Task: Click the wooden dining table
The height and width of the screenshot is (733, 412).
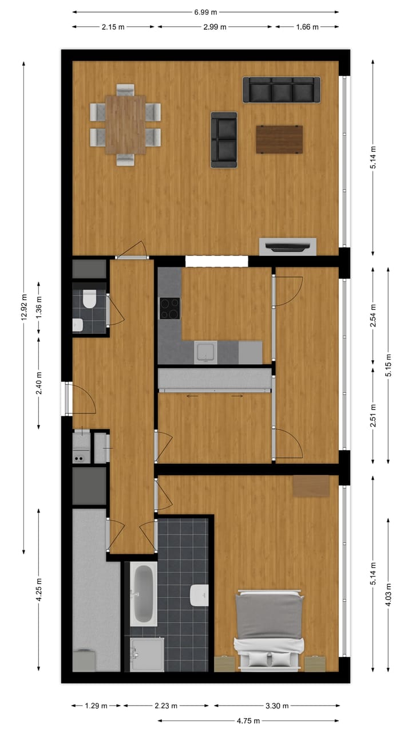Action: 125,124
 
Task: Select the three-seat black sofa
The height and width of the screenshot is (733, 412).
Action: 281,90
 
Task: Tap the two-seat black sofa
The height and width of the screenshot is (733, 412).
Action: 224,140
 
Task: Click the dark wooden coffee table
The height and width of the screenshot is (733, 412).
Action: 279,139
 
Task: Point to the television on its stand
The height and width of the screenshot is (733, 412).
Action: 287,247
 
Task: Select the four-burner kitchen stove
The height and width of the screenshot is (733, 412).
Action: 169,309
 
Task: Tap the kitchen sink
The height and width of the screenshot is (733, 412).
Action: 204,352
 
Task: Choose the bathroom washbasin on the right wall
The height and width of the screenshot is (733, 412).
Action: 199,595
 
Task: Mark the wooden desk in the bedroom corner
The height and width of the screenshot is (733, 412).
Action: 311,486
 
